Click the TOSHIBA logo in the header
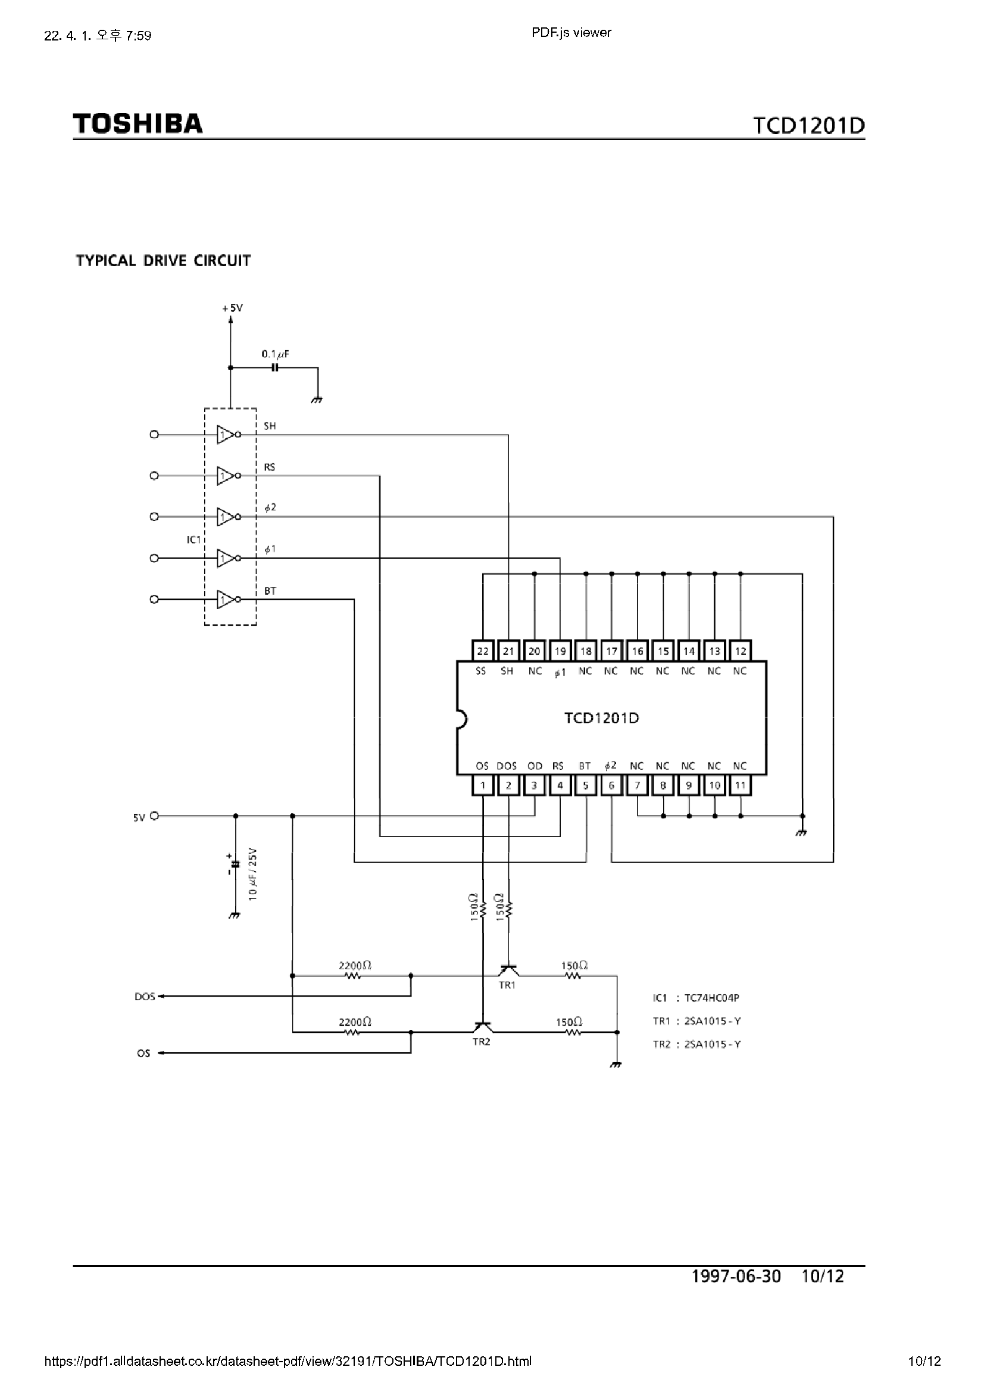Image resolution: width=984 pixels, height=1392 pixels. (x=138, y=124)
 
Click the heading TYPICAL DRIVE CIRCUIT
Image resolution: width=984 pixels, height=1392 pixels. (x=163, y=261)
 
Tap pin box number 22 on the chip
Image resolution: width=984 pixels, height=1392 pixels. (x=483, y=651)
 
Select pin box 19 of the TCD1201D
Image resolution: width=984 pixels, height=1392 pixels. (x=560, y=651)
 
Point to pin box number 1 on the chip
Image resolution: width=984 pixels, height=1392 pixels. (x=483, y=786)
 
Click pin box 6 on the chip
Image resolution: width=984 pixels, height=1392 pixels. (x=611, y=786)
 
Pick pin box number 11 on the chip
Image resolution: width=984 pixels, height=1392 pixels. (x=741, y=786)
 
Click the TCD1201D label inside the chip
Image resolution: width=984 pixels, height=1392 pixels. (x=601, y=719)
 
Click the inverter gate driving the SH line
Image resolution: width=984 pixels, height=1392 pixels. (x=227, y=435)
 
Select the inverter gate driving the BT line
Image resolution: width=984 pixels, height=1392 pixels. (x=227, y=600)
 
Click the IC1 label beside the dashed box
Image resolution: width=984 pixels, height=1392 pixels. (x=193, y=539)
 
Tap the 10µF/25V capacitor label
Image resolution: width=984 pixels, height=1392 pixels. (x=254, y=873)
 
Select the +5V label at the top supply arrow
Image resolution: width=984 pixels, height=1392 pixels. (x=232, y=308)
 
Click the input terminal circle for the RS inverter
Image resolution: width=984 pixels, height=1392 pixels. (x=154, y=476)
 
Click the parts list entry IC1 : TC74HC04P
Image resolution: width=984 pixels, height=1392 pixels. (x=696, y=998)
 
